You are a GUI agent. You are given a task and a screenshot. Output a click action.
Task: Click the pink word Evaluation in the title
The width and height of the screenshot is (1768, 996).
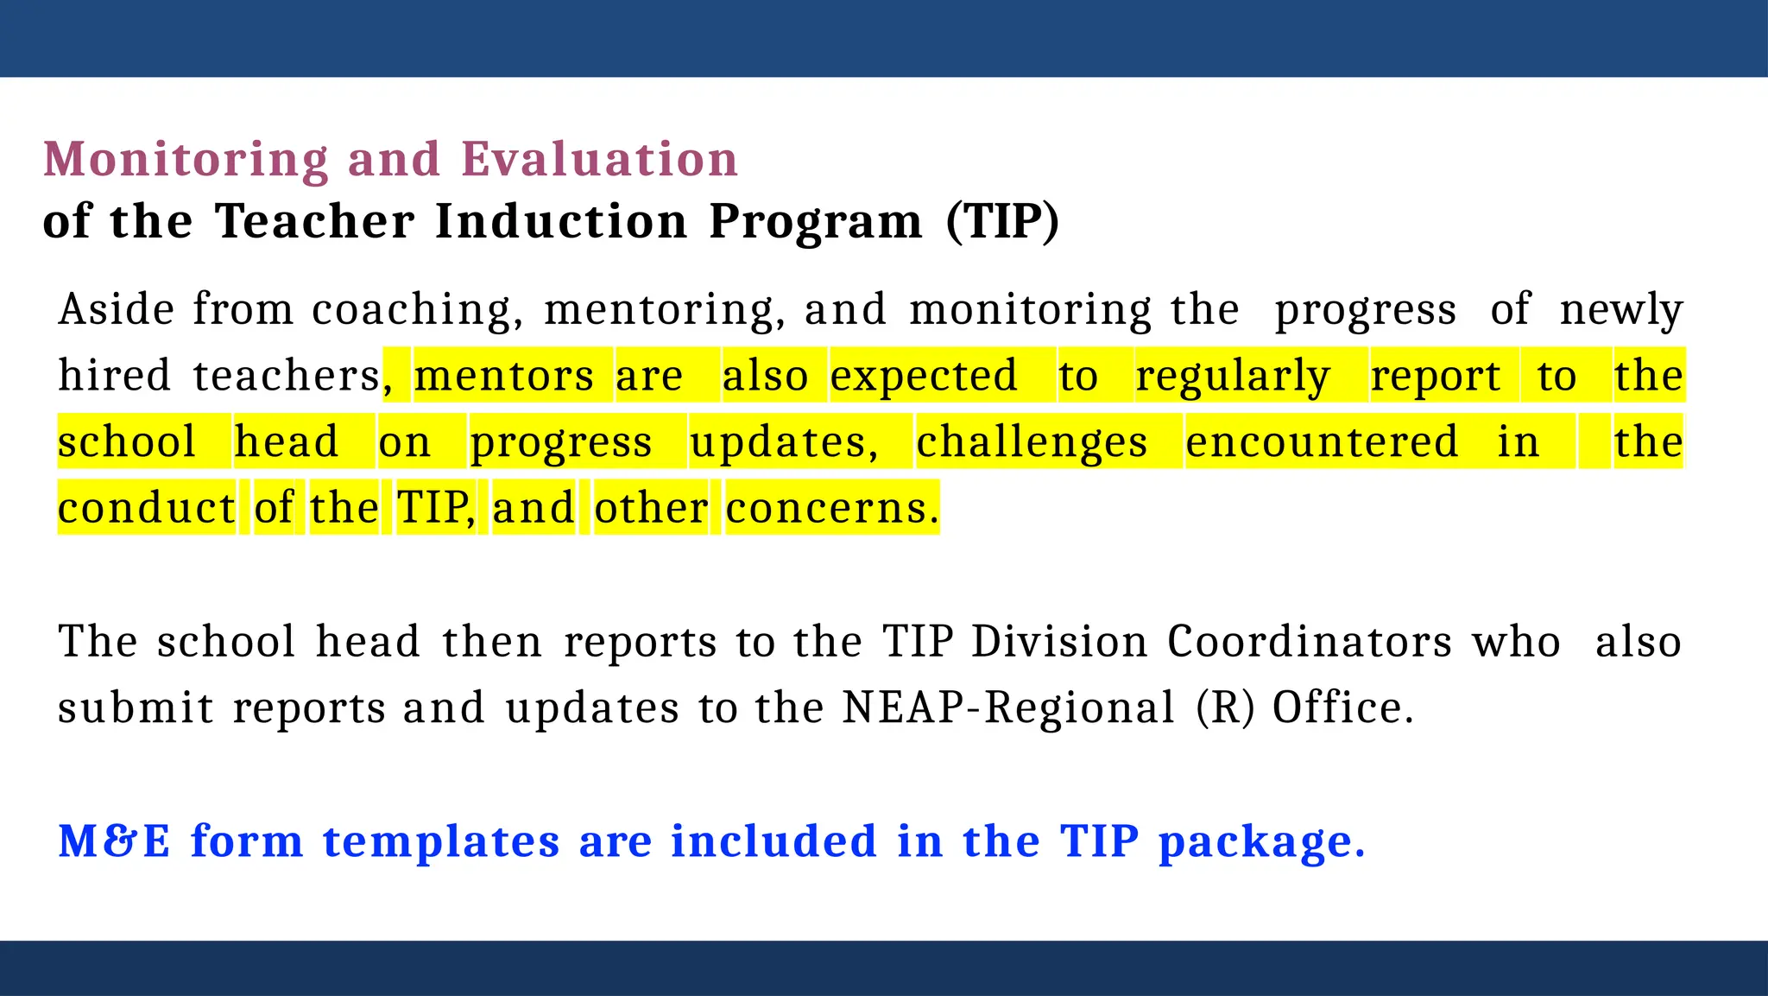[599, 160]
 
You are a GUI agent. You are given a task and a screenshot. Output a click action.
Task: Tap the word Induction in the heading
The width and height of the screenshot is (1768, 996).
[561, 221]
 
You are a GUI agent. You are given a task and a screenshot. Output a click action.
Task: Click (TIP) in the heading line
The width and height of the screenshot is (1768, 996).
[1002, 221]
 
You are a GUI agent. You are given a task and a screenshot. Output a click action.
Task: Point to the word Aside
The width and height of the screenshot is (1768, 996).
[117, 309]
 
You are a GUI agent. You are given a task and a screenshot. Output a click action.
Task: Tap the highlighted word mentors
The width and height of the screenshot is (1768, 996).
[504, 376]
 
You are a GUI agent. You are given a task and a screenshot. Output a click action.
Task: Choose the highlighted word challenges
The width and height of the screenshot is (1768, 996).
[1032, 443]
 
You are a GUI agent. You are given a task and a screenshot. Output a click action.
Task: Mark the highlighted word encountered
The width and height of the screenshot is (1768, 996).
[1322, 441]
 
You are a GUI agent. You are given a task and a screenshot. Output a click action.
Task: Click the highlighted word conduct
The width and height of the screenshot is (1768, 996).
[146, 508]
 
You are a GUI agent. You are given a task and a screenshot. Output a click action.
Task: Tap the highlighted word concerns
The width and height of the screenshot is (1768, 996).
[831, 508]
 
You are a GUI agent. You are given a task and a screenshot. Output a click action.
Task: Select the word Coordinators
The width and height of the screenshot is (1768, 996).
[1310, 642]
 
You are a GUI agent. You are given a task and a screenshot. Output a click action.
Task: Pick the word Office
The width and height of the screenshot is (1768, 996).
[1342, 708]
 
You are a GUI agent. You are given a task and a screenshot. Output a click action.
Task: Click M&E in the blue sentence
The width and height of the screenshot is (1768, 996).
[114, 841]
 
